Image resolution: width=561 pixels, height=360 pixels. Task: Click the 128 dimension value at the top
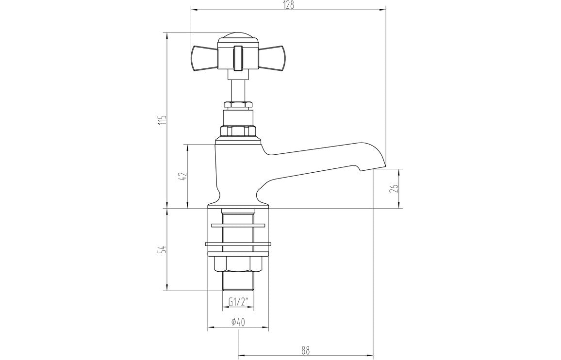tap(289, 5)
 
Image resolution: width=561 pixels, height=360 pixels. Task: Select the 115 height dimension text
tap(163, 120)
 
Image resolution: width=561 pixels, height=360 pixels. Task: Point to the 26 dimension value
tap(396, 189)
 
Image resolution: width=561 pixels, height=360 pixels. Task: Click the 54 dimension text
tap(163, 250)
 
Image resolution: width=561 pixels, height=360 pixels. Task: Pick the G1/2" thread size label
tap(238, 303)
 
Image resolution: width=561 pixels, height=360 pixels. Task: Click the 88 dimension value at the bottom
tap(305, 349)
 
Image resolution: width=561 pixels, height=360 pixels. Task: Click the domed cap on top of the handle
tap(238, 38)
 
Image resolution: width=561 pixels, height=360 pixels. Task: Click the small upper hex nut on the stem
tap(238, 104)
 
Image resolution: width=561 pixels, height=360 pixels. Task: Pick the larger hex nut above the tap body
tap(238, 131)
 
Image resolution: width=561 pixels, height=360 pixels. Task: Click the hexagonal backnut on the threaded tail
tap(238, 264)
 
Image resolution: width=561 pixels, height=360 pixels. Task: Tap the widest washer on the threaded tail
tap(238, 244)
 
